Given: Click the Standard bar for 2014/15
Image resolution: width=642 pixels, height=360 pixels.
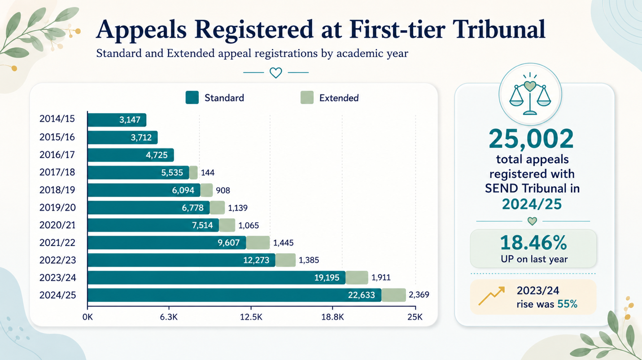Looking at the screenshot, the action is pos(117,120).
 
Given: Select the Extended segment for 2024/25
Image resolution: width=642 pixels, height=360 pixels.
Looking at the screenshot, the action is pos(394,295).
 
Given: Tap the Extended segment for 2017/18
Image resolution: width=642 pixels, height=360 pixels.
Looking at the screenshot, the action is pos(193,173).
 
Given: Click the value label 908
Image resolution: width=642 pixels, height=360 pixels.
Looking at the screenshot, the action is pos(223,190).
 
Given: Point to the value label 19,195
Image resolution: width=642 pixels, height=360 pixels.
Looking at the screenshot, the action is pos(327,278).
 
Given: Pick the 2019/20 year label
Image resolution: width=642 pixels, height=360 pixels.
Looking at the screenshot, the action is pos(57,207).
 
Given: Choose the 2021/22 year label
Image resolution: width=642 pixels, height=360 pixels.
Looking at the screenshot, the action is pos(57,243).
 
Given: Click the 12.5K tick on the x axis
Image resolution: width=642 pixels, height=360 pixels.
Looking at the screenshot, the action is pos(251,317).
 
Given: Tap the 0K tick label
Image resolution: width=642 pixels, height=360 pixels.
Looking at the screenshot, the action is pos(87,317).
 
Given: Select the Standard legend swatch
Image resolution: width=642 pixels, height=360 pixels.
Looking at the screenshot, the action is pos(192,97).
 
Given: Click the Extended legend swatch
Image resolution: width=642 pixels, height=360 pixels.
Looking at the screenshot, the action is pos(307,97).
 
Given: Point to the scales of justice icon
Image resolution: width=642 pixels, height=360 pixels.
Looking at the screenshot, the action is pos(530,94).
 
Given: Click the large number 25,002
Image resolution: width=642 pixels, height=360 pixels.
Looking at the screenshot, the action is pos(531,139).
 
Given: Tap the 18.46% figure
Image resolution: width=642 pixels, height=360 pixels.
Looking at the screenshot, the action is pos(533,243).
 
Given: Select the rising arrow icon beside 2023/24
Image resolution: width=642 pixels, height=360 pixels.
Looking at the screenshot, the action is pos(492,296).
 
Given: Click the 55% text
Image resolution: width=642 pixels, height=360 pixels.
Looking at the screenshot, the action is pos(567,304).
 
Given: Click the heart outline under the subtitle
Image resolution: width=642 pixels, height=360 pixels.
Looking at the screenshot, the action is pos(276,73).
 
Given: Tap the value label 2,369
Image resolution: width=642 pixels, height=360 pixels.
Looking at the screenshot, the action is pos(419,294).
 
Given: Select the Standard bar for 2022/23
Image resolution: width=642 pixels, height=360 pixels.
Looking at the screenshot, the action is pos(181,260).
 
